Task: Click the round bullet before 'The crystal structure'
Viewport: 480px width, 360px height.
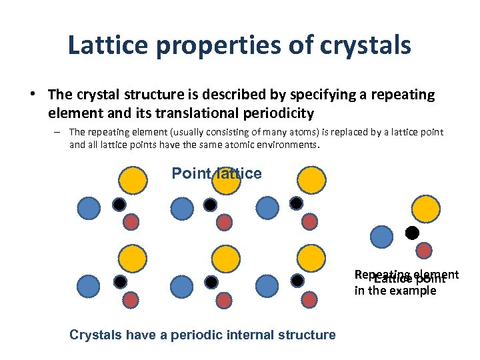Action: pos(32,95)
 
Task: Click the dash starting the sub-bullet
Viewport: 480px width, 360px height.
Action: pos(59,132)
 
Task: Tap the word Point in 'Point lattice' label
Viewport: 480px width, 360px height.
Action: pos(189,173)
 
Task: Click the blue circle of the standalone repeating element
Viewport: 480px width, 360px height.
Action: pos(381,237)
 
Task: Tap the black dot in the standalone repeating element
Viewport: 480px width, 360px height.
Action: pos(412,233)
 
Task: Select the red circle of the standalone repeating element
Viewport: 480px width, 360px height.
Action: pos(424,250)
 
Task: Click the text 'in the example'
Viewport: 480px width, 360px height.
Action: pos(395,291)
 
